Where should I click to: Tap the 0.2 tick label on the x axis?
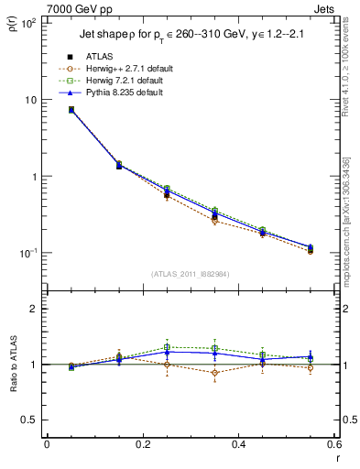coord(142,444)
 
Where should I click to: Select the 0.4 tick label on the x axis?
coord(238,444)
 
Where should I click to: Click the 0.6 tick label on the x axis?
coord(334,444)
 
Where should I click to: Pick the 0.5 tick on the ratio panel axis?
coord(32,420)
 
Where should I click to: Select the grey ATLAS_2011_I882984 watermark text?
coord(190,274)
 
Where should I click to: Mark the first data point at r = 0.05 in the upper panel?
coord(71,110)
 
